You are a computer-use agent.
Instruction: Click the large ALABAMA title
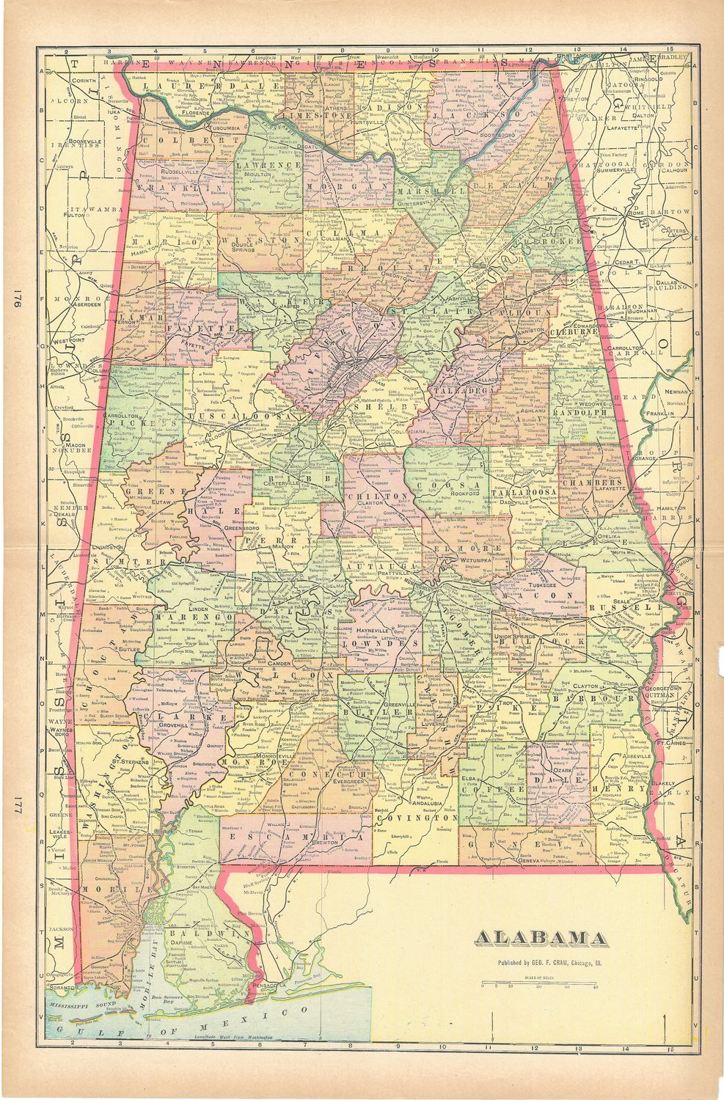point(541,938)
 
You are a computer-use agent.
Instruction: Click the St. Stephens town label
point(133,762)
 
